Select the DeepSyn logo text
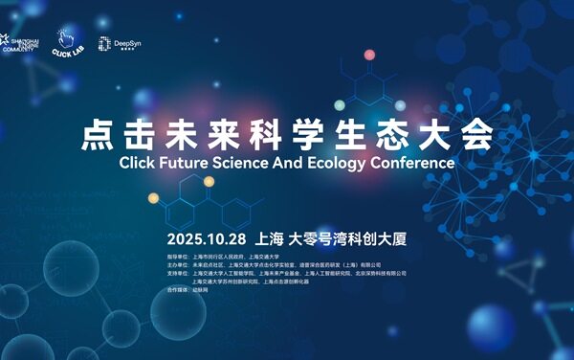[127, 43]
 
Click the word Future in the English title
[180, 162]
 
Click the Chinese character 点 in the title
[99, 135]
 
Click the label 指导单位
[179, 257]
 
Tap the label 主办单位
[179, 265]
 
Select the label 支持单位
[179, 274]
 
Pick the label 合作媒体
[179, 290]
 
